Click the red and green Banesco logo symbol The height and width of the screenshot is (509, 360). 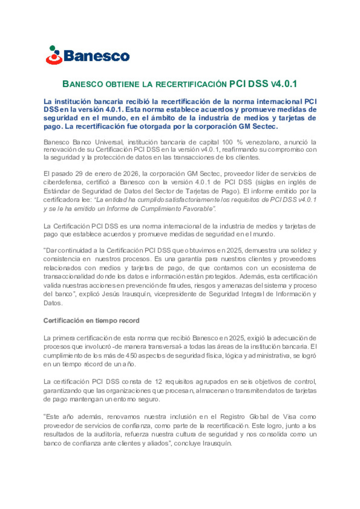click(54, 55)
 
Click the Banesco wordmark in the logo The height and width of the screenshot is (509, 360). click(96, 56)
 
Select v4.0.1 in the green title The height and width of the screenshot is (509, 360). click(284, 84)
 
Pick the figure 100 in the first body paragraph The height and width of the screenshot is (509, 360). click(227, 142)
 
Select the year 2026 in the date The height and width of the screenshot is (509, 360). click(131, 174)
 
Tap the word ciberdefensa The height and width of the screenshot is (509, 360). click(63, 182)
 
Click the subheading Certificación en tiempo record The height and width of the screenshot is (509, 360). click(91, 320)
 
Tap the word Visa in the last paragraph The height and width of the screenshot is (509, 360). click(289, 417)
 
